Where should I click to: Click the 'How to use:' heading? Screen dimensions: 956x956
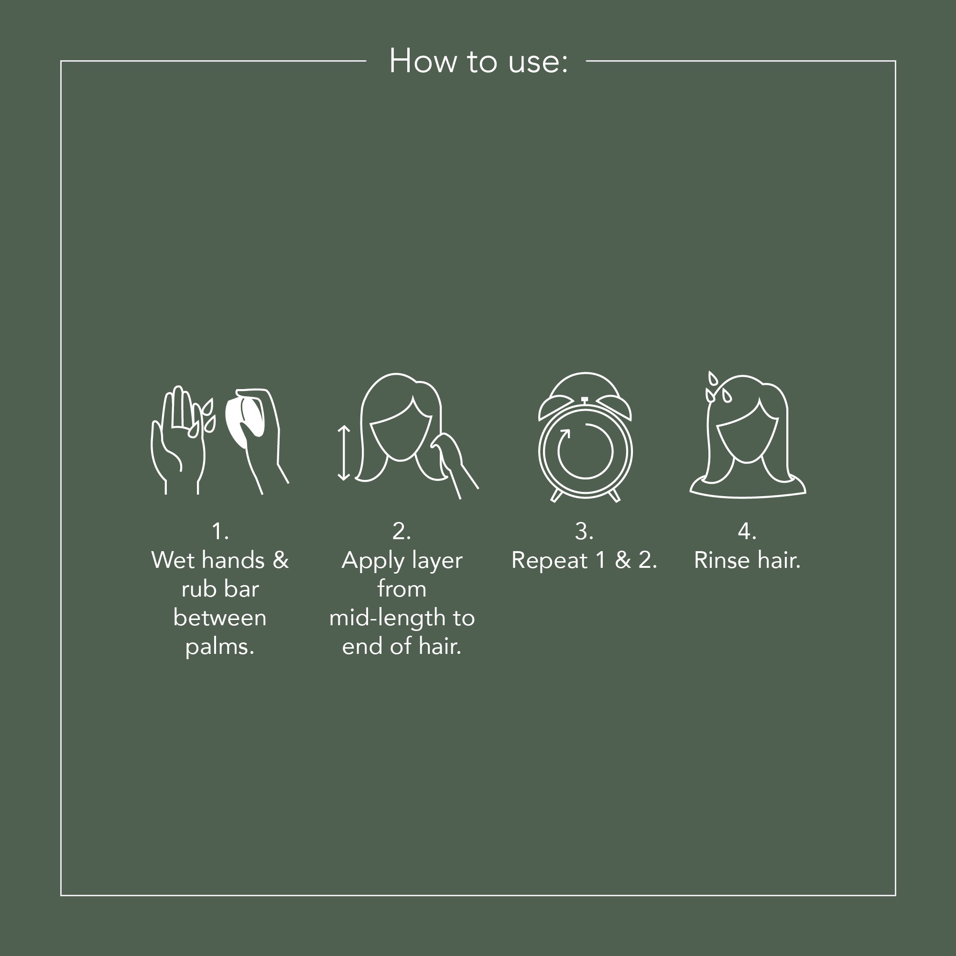pyautogui.click(x=478, y=61)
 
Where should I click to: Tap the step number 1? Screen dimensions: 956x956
pyautogui.click(x=220, y=532)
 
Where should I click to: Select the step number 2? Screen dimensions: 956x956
pyautogui.click(x=402, y=532)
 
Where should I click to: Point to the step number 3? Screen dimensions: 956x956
pyautogui.click(x=585, y=532)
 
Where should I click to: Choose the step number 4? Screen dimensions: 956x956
pyautogui.click(x=747, y=532)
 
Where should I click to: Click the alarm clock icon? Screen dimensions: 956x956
pyautogui.click(x=585, y=437)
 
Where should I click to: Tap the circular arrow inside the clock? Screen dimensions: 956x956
pyautogui.click(x=586, y=451)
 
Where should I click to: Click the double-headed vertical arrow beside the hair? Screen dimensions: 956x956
pyautogui.click(x=344, y=453)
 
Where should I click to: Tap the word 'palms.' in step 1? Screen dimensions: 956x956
pyautogui.click(x=220, y=647)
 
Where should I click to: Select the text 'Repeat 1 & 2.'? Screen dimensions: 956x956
pyautogui.click(x=585, y=561)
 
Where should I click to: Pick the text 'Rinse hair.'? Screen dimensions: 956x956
pyautogui.click(x=747, y=561)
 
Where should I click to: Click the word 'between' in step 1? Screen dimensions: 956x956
pyautogui.click(x=220, y=618)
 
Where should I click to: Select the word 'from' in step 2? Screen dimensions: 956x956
pyautogui.click(x=402, y=589)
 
